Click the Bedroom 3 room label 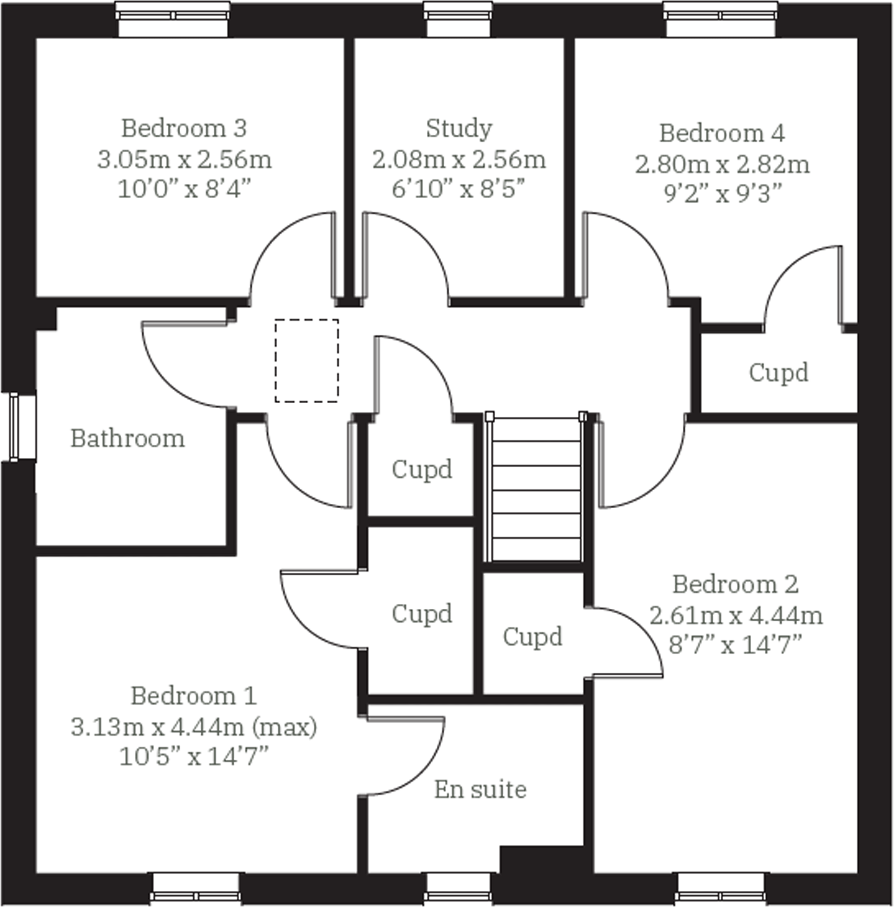tap(184, 129)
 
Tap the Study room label tap(459, 129)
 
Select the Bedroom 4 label tap(722, 133)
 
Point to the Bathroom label tap(128, 438)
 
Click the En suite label tap(480, 790)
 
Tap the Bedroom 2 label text tap(735, 584)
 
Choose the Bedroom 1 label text tap(194, 696)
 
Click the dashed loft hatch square tap(307, 360)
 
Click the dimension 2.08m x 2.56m tap(459, 160)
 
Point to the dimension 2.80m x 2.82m tap(722, 165)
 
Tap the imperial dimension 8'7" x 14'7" tap(735, 645)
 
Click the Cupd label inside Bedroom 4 tap(779, 372)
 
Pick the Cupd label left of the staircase tap(422, 469)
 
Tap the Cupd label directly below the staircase tap(533, 637)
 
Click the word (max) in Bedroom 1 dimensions tap(285, 727)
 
